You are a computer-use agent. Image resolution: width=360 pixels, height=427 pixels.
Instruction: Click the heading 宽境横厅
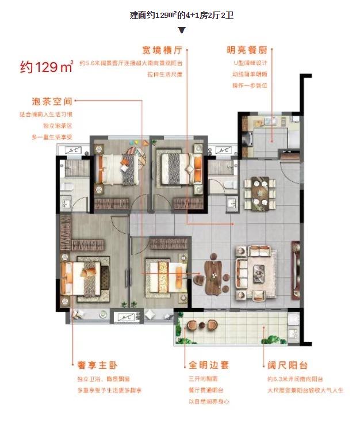click(x=162, y=50)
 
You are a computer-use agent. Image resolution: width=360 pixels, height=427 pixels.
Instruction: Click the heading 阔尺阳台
click(x=288, y=365)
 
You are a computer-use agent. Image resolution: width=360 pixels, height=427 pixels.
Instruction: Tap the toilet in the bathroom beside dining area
click(x=231, y=184)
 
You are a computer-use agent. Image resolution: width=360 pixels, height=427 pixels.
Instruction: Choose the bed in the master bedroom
click(x=85, y=276)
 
